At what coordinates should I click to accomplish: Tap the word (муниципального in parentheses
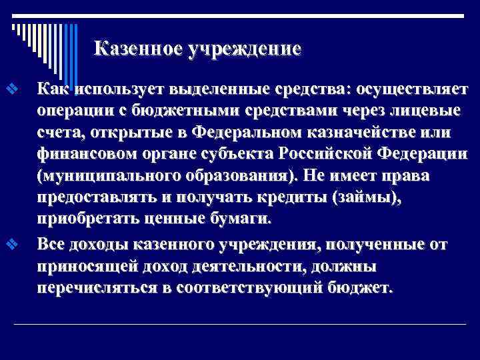coord(107,177)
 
